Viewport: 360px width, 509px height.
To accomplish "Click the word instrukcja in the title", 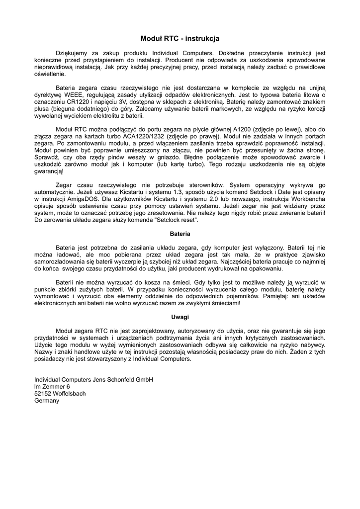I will coord(200,38).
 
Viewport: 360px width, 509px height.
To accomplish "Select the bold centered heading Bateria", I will coord(180,233).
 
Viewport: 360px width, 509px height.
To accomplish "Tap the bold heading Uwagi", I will coord(180,317).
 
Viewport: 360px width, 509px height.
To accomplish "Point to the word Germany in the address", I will coord(46,400).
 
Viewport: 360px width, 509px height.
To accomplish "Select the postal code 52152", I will coord(43,393).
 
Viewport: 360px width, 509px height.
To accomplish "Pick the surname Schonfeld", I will coord(117,379).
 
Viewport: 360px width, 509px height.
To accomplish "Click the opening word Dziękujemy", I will coord(73,52).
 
